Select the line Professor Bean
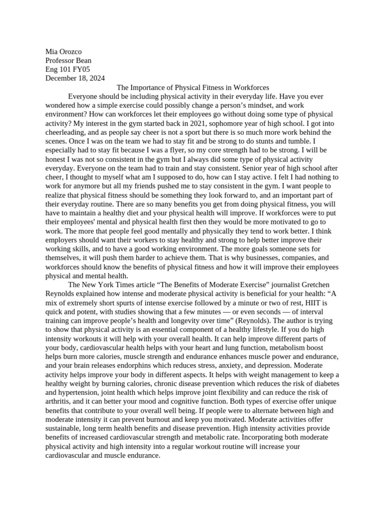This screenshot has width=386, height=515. [68, 60]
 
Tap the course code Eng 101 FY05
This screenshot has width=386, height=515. [68, 69]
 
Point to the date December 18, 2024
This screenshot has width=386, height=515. [75, 78]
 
